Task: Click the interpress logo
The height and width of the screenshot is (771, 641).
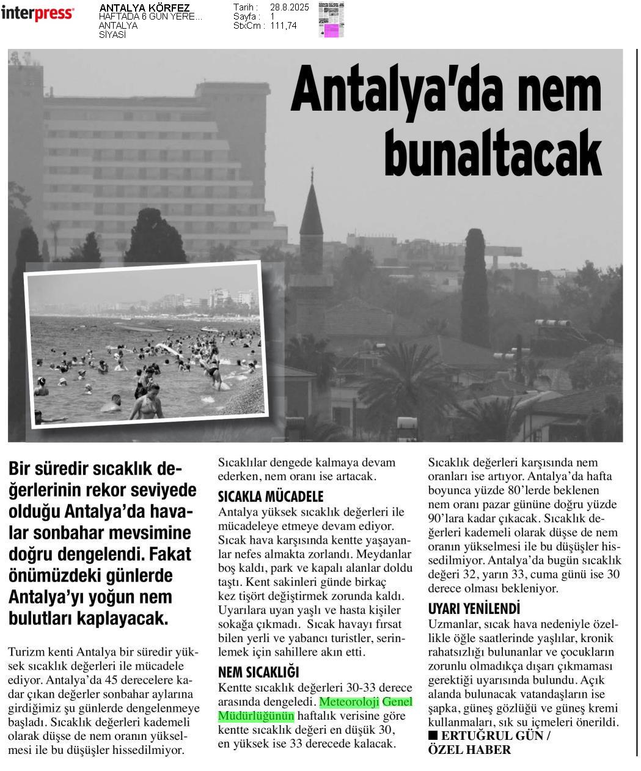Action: [x=37, y=13]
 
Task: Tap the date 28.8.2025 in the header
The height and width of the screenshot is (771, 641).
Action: [x=289, y=7]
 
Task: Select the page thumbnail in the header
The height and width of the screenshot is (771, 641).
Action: [x=331, y=20]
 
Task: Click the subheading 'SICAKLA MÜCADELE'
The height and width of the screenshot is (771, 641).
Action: [x=270, y=496]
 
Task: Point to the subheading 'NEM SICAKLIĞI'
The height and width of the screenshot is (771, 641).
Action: [x=258, y=673]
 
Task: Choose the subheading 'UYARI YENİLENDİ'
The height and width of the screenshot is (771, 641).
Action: [x=474, y=608]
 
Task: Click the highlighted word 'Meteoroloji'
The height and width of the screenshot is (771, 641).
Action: [x=350, y=701]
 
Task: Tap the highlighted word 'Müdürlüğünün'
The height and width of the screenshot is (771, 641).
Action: [x=256, y=715]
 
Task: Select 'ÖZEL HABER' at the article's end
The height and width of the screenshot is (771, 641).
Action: [x=469, y=750]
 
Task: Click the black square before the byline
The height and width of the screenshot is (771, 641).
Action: [x=433, y=735]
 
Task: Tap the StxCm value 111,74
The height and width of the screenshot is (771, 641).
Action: [x=283, y=26]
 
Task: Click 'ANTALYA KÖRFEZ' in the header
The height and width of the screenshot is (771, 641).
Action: [x=144, y=8]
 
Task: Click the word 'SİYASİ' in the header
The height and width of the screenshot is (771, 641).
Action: [x=112, y=35]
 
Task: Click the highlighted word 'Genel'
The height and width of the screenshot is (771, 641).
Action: [x=397, y=701]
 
